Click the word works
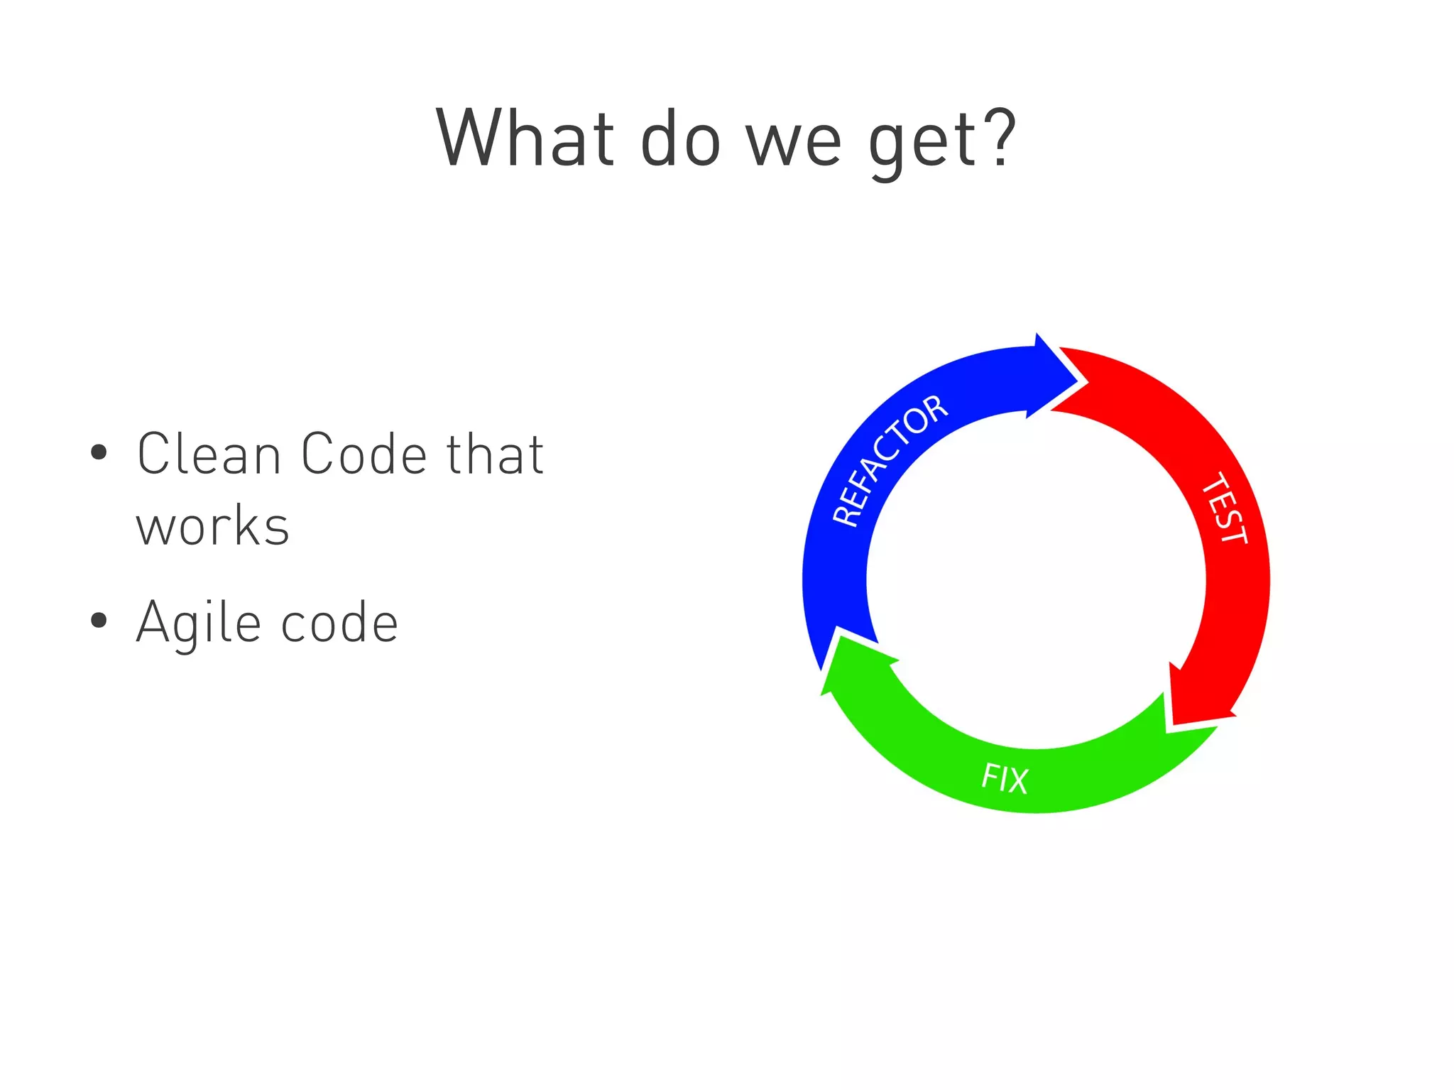coord(213,527)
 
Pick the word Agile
coord(199,623)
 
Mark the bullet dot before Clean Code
coord(99,452)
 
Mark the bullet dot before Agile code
coord(99,621)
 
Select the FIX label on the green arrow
coord(1005,778)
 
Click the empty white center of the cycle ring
coord(1036,579)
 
